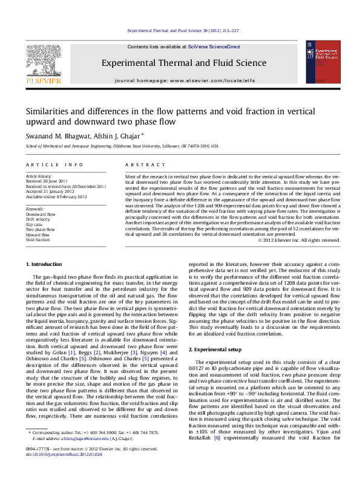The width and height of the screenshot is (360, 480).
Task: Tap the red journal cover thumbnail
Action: pos(321,62)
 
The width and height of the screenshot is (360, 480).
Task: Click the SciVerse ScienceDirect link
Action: pos(214,47)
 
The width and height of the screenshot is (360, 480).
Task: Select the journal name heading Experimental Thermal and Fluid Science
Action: pos(184,62)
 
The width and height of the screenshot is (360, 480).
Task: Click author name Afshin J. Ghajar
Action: pos(117,136)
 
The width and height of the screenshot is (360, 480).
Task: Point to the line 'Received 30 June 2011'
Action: pos(47,180)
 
